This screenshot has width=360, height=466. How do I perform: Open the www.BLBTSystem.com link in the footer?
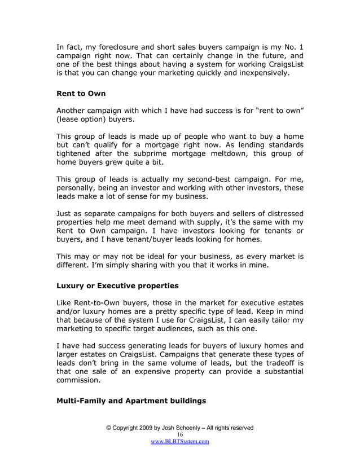coord(180,442)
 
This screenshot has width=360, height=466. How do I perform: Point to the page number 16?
coord(180,435)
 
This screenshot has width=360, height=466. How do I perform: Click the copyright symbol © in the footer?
coord(109,428)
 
